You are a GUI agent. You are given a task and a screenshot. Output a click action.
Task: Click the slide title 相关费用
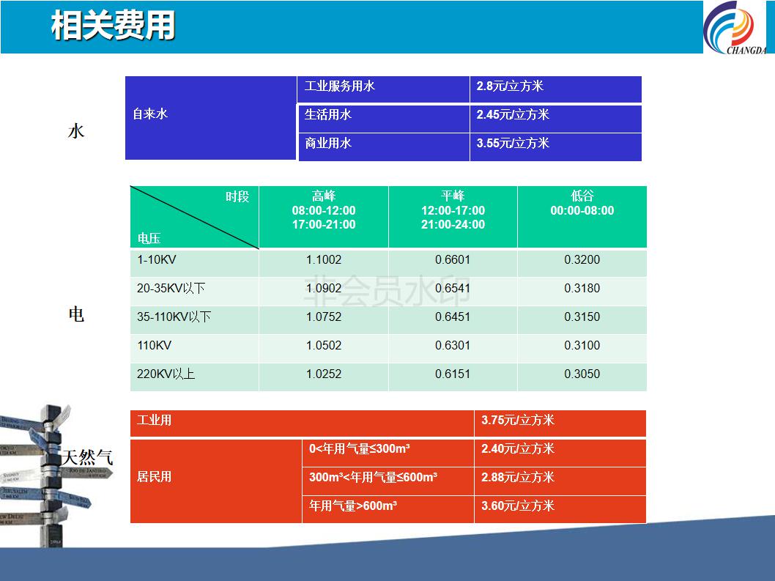point(114,25)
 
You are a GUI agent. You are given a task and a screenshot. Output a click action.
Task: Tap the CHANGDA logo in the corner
point(735,28)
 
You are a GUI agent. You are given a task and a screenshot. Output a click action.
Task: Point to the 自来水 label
point(150,114)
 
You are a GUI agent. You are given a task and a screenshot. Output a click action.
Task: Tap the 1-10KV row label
point(157,259)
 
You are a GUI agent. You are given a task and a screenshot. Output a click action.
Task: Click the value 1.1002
point(324,259)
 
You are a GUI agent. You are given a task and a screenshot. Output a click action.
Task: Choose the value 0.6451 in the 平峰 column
point(453,317)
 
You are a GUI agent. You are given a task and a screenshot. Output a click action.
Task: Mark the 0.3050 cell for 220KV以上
point(582,374)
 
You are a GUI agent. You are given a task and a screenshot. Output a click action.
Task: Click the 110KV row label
point(155,346)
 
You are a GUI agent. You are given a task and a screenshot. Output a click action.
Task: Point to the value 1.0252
point(324,374)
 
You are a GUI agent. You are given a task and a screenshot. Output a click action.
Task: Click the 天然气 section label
point(87,457)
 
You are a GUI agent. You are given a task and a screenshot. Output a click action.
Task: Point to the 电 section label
point(76,314)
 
